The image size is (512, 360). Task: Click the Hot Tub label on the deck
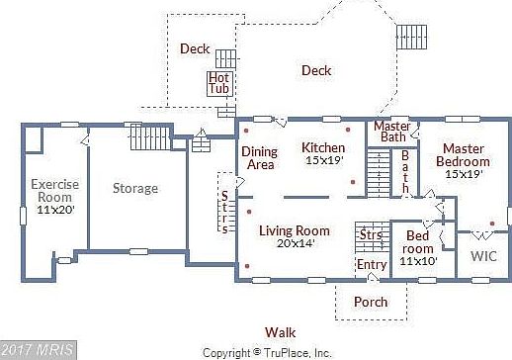coord(218,83)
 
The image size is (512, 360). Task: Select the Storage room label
coord(134,188)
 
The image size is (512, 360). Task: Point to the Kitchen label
coord(322,148)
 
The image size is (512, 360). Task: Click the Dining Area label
coord(259,158)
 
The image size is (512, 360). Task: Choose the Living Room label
coord(295,231)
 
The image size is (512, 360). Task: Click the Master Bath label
coord(392,131)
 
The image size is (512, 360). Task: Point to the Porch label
coord(371,302)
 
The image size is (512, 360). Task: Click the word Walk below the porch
coord(279,332)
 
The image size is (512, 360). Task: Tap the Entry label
coord(372,264)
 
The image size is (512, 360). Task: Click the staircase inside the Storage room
coord(150,137)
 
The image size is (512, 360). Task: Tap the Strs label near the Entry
coord(370,235)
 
